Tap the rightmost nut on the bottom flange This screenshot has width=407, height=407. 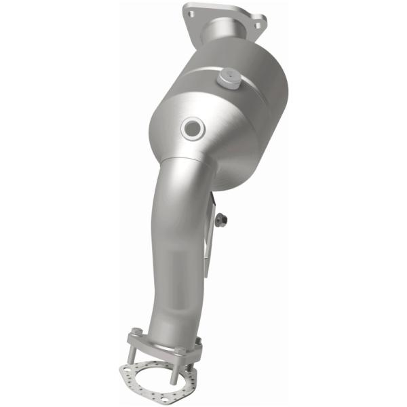point(198,342)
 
